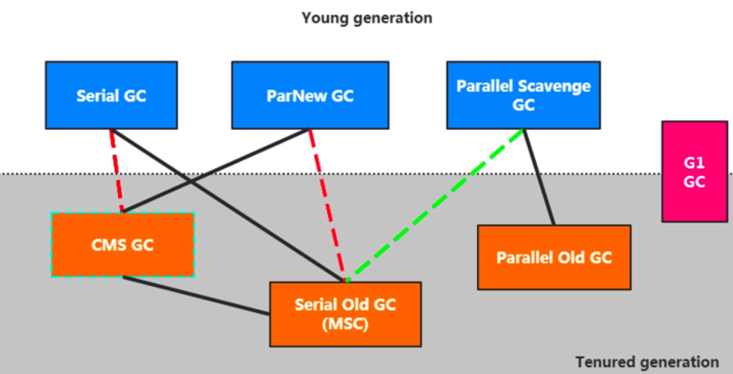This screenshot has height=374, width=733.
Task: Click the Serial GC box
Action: (111, 95)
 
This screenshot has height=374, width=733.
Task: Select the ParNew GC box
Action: (310, 95)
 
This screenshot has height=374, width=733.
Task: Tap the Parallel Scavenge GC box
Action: (523, 95)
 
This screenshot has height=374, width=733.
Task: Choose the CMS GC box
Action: (122, 245)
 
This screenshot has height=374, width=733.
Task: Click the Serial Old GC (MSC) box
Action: (345, 314)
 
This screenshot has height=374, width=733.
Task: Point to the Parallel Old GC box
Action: (554, 257)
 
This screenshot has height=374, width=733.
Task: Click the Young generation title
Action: (366, 18)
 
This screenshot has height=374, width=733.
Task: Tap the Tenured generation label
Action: (647, 361)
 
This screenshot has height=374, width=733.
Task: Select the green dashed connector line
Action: (435, 205)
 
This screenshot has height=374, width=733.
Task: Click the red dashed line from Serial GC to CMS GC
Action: (116, 171)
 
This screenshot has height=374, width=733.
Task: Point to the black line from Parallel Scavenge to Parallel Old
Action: (539, 177)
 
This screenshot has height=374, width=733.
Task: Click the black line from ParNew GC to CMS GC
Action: (216, 171)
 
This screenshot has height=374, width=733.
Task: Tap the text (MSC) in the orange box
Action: (345, 324)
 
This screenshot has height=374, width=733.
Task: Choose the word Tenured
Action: (603, 361)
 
